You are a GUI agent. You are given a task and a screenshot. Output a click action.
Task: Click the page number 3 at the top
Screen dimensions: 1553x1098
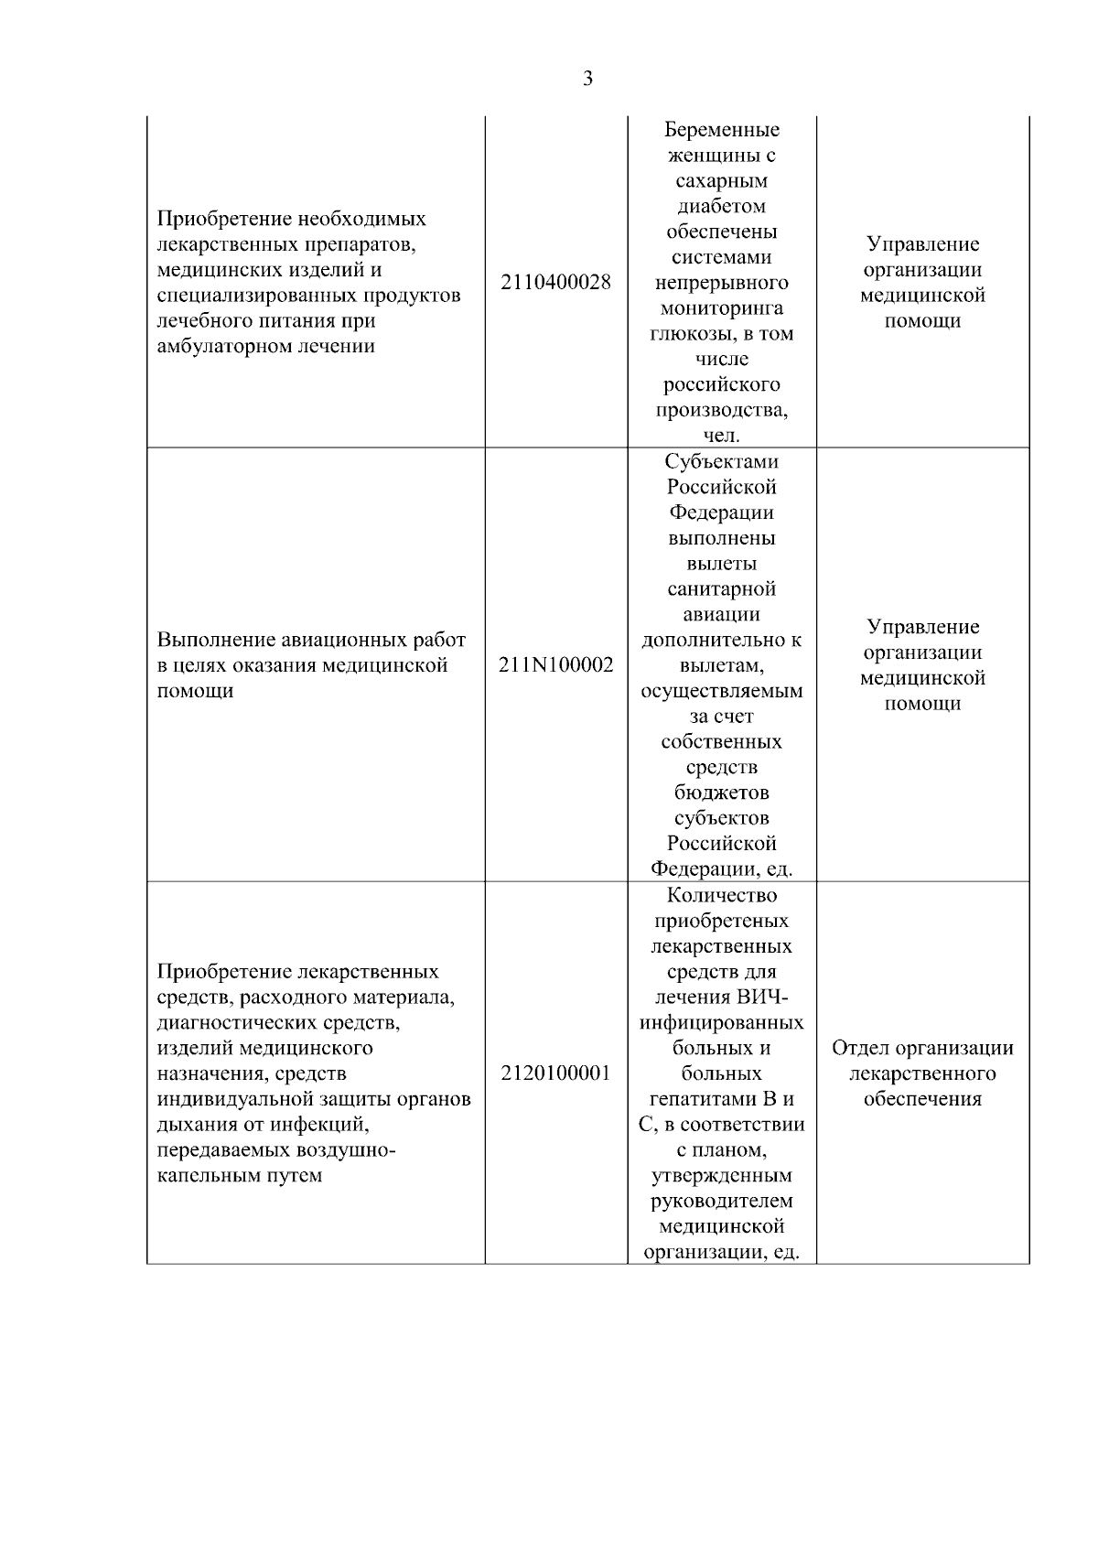[x=587, y=79]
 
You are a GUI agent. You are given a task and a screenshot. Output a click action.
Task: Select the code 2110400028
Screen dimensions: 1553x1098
[x=556, y=283]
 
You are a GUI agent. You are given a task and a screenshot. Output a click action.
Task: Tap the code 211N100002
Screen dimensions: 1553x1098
[x=556, y=665]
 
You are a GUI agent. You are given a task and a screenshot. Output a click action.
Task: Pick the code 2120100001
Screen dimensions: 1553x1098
[x=556, y=1073]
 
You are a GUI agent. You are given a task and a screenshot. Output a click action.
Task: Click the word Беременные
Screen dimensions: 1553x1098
[x=722, y=130]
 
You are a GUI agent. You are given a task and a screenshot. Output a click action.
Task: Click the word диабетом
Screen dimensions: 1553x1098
[x=722, y=206]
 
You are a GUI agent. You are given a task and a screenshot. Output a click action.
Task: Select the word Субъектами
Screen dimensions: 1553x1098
[x=722, y=461]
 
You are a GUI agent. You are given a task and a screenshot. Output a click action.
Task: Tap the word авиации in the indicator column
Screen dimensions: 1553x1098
[x=722, y=614]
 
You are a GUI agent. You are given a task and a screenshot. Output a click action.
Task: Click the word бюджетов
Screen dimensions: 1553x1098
[x=722, y=793]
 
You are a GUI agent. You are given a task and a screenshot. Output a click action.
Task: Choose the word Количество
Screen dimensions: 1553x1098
[x=722, y=895]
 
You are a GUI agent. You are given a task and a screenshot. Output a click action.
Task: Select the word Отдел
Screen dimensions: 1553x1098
[x=859, y=1048]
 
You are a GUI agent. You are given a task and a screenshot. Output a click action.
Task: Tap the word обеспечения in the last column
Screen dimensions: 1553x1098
[x=922, y=1099]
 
